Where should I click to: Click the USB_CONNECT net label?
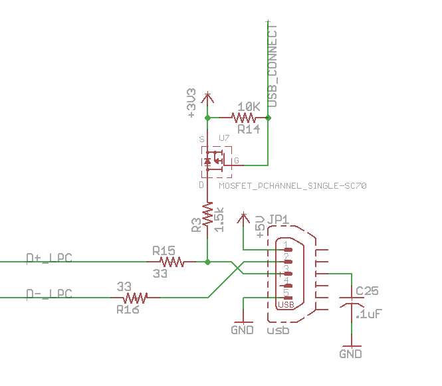click(x=272, y=65)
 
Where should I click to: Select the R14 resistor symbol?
click(x=248, y=118)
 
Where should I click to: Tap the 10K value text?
click(x=248, y=106)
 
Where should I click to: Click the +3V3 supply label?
click(x=192, y=103)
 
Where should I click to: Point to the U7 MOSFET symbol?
click(x=215, y=161)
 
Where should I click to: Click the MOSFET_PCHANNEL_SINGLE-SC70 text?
click(x=292, y=186)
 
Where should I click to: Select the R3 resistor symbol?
click(x=208, y=217)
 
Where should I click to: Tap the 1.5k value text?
click(x=220, y=218)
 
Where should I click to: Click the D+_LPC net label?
click(x=49, y=257)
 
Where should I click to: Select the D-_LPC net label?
click(x=49, y=293)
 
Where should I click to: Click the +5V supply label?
click(x=260, y=226)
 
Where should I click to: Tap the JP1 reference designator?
click(x=278, y=220)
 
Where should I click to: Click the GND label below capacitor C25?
click(x=350, y=354)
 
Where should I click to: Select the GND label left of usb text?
click(x=242, y=330)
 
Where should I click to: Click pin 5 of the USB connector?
click(x=287, y=297)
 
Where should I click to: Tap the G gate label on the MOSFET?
click(x=237, y=161)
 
